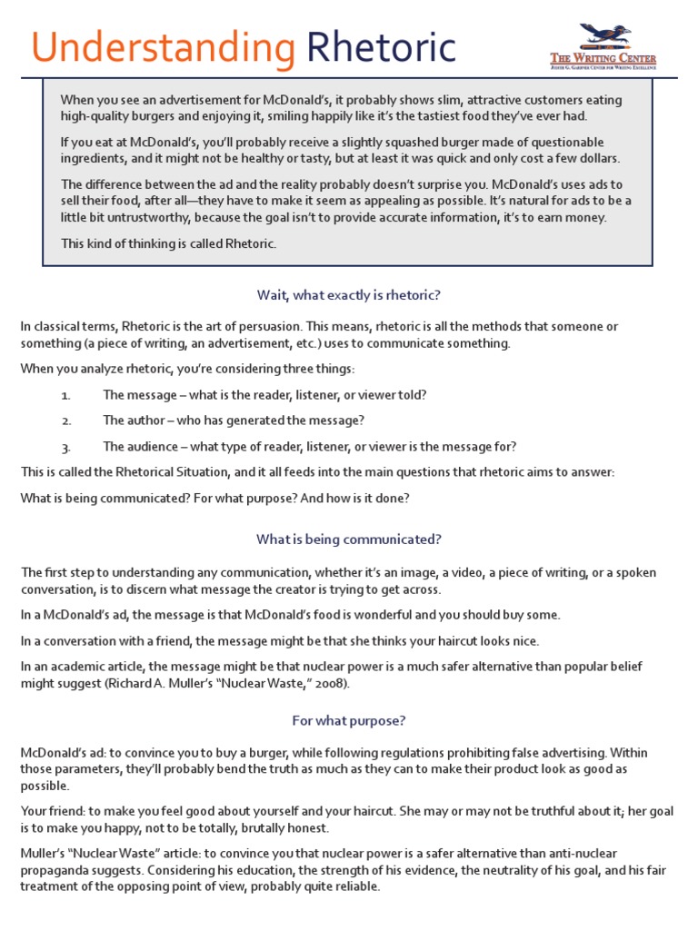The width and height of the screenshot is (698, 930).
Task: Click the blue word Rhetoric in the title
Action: pyautogui.click(x=381, y=46)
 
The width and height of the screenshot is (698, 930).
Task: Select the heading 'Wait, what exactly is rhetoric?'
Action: pyautogui.click(x=349, y=295)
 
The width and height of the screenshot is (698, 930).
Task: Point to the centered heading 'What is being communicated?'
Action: pyautogui.click(x=349, y=539)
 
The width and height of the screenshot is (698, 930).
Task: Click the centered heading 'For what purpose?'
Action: pyautogui.click(x=349, y=720)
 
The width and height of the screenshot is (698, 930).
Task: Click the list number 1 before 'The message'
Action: pyautogui.click(x=65, y=396)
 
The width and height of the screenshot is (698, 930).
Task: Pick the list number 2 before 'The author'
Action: pyautogui.click(x=65, y=421)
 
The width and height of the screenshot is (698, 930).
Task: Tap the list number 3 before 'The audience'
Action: pyautogui.click(x=65, y=447)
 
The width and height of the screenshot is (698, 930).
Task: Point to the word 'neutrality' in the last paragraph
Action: pyautogui.click(x=461, y=870)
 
